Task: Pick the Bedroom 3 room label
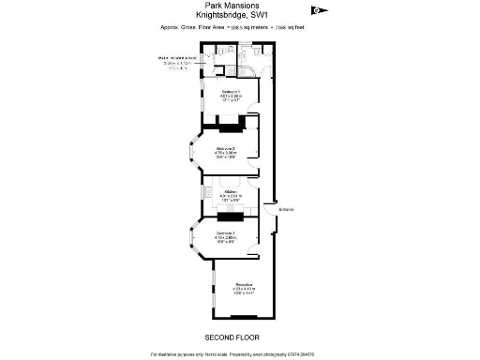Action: [226, 232]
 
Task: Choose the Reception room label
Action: [246, 283]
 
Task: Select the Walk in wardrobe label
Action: [176, 58]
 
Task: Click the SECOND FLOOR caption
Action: [232, 336]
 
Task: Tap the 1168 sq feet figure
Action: [292, 29]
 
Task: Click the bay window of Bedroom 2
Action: [187, 156]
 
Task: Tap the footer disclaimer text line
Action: [232, 353]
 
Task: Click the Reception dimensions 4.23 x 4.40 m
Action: [246, 289]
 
